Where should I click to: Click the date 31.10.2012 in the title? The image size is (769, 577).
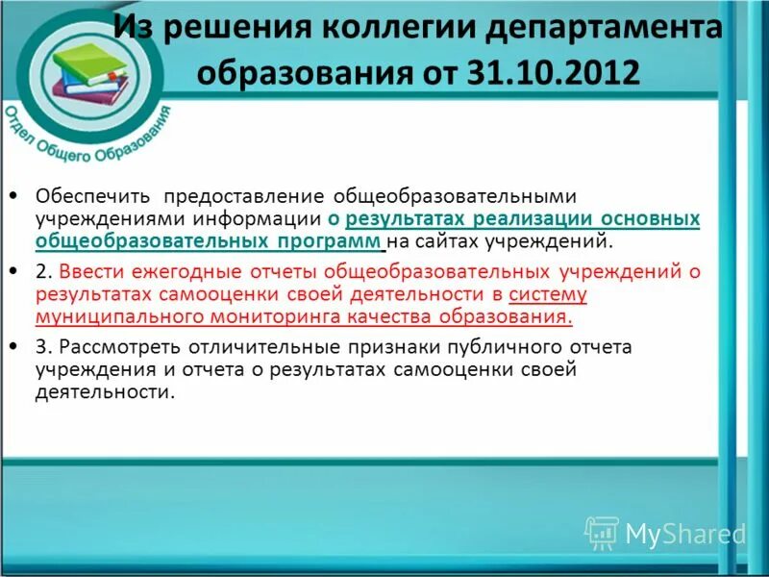(556, 73)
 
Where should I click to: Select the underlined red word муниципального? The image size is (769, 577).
(127, 315)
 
